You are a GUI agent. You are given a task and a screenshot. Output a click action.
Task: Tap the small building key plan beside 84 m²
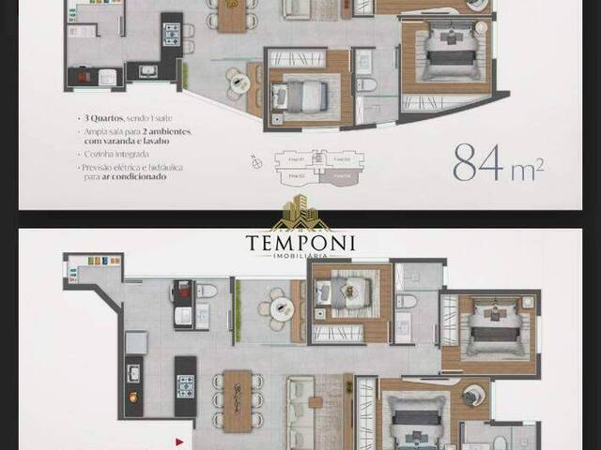315,166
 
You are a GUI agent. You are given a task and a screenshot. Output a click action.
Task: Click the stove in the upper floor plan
173,36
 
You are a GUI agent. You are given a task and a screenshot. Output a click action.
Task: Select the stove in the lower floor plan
185,383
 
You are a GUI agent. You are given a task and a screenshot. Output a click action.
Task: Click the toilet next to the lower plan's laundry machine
207,292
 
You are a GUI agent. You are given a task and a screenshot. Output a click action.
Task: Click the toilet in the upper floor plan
367,85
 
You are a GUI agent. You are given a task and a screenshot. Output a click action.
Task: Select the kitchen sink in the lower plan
134,372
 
